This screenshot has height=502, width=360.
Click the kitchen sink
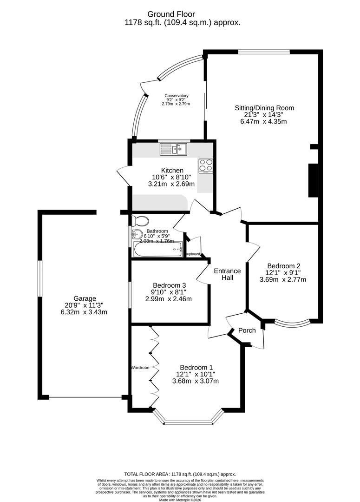tap(173, 149)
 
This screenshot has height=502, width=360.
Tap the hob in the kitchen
tap(206, 165)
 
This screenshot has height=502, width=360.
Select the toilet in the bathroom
tap(140, 220)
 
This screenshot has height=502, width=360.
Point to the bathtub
tap(158, 250)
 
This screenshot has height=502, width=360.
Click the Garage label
tap(85, 298)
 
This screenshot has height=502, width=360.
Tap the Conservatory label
tap(176, 96)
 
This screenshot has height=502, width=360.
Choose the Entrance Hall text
tap(227, 274)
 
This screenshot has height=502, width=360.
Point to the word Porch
tap(247, 330)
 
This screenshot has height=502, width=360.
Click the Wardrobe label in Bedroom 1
tap(140, 368)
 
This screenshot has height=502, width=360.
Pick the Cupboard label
tap(193, 254)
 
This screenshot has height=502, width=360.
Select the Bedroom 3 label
tap(170, 285)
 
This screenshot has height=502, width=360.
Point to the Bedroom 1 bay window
tap(188, 422)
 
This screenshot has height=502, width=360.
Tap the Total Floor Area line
tap(180, 473)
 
